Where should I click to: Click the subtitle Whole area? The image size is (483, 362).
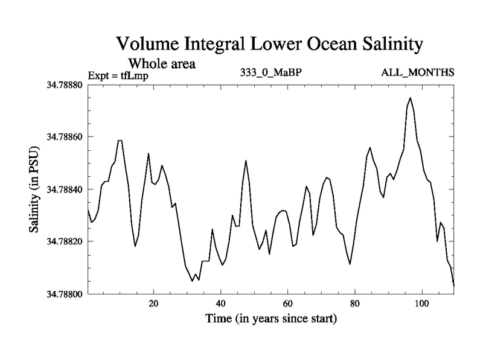coord(162,63)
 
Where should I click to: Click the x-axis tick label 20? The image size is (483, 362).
coord(153,303)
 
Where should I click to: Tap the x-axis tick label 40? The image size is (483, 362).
coord(220,303)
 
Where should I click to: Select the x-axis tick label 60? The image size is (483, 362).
coord(287,303)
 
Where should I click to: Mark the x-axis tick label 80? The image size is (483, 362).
coord(354,303)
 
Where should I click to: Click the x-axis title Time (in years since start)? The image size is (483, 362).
coord(270,318)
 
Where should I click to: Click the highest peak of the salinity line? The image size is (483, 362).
coord(410,98)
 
